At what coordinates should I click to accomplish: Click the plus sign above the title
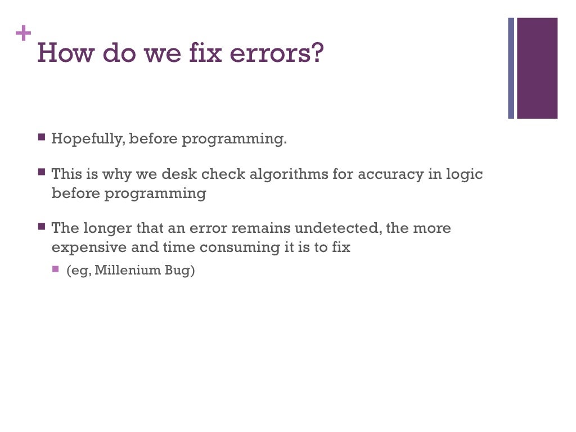tap(23, 34)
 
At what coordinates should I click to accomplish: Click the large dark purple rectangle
tap(537, 68)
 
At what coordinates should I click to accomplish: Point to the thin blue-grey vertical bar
tap(511, 68)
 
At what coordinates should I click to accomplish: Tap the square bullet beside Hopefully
tap(42, 137)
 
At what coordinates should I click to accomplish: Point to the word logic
tap(464, 174)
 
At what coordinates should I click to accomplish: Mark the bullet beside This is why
tap(42, 172)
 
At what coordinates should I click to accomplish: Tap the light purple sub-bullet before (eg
tap(56, 269)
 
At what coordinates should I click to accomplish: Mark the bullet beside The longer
tap(42, 227)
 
